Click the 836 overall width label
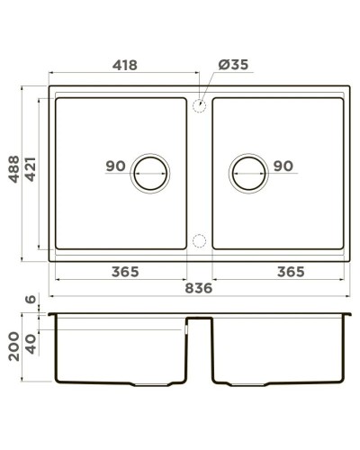pos(197,288)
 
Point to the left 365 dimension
pos(120,271)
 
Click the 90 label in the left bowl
pos(114,166)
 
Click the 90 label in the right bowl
pos(283,166)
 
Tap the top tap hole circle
pos(199,105)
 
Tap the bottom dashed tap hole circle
pos(199,240)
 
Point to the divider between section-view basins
pos(199,322)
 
